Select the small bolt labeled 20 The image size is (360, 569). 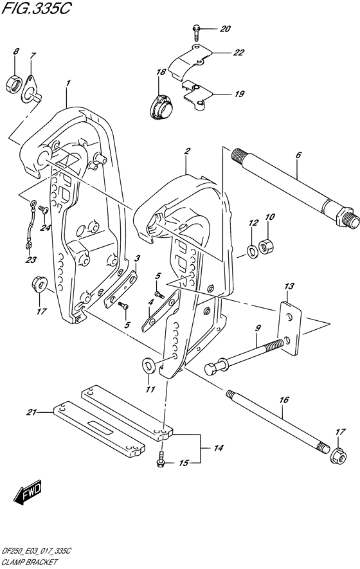(195, 29)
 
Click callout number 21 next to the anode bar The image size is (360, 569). (30, 411)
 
